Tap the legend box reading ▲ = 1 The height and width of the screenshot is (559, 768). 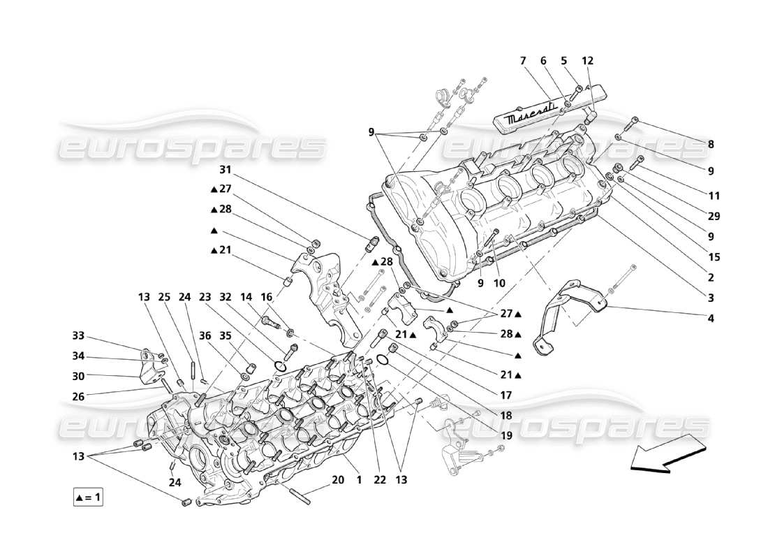88,498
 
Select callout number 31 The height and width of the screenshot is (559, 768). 225,170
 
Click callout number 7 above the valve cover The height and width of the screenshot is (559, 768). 522,61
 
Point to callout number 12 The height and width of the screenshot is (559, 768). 587,61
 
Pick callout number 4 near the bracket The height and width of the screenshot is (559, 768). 710,319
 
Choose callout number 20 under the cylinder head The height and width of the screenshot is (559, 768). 338,480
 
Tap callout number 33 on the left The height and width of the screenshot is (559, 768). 77,335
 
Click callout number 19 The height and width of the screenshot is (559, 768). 505,435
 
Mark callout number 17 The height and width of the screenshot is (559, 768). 505,395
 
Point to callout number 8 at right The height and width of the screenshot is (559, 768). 710,145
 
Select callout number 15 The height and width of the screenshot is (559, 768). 714,257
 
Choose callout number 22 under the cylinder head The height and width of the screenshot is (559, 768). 378,480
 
